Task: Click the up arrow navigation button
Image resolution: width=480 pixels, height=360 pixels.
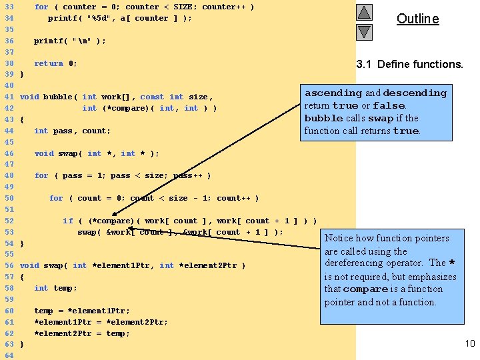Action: (x=364, y=13)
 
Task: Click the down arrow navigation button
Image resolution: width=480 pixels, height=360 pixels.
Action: (x=364, y=31)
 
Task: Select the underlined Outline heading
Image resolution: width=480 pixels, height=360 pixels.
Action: (x=417, y=19)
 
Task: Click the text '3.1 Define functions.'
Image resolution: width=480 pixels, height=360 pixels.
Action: (x=409, y=65)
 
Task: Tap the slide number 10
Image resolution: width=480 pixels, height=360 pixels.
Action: (x=470, y=343)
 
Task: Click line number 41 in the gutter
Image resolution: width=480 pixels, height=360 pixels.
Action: (x=9, y=97)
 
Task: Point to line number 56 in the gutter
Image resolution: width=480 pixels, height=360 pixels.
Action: (x=9, y=265)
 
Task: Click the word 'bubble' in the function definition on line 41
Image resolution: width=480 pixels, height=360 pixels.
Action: (x=58, y=97)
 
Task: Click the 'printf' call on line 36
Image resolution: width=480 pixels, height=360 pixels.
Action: (x=49, y=41)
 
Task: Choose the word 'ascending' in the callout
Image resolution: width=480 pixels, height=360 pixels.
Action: (x=333, y=93)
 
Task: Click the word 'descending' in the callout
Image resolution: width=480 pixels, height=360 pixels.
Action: (x=415, y=93)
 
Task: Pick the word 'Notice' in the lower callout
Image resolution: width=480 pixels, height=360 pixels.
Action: (x=339, y=238)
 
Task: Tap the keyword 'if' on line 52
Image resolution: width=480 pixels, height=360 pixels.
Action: (x=68, y=221)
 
